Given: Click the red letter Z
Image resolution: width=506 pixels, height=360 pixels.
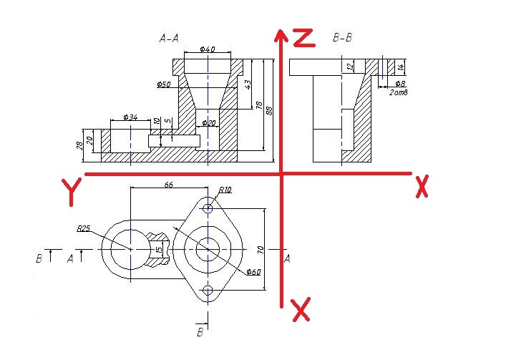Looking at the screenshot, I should (x=304, y=37).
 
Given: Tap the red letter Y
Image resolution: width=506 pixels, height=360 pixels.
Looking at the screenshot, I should (x=70, y=193).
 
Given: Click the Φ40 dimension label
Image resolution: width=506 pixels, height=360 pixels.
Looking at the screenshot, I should (x=207, y=49).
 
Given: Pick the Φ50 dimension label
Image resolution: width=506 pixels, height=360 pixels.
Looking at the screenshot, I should (x=164, y=84).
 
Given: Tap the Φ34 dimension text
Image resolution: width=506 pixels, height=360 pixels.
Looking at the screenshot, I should (x=130, y=116).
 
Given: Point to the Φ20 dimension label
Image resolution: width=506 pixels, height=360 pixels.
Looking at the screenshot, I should (x=209, y=123).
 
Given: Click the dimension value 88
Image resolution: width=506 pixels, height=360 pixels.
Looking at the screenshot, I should (x=271, y=111).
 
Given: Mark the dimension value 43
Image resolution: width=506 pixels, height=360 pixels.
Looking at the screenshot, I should (x=248, y=84).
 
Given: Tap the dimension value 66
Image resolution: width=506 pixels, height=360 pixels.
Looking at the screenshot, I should (x=169, y=185).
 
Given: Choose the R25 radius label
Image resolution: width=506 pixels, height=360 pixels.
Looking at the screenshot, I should (x=84, y=230).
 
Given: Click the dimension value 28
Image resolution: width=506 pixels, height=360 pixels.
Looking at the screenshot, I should (x=79, y=146).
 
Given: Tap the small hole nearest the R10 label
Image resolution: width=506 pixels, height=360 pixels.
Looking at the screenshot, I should (x=208, y=208).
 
